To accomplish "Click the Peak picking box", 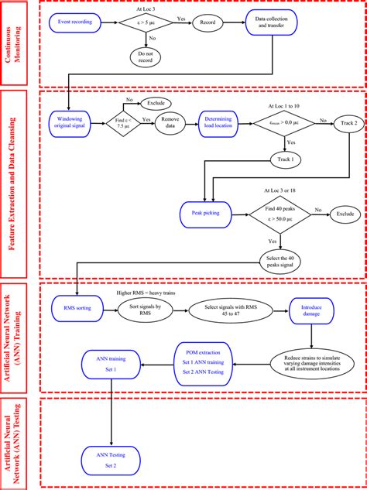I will (x=203, y=211).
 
